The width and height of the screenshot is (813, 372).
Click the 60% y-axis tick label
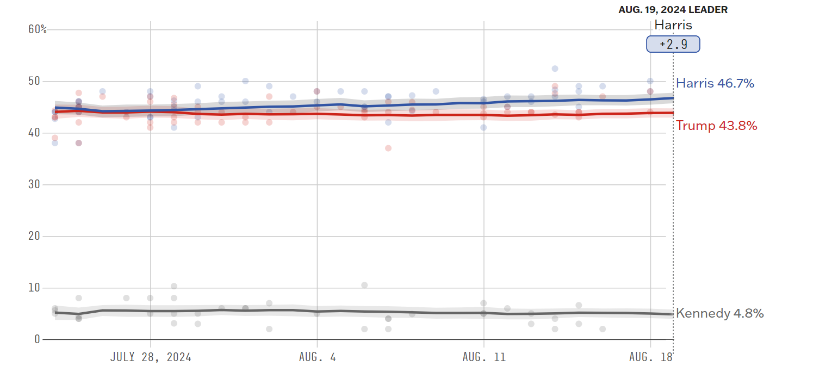pos(37,29)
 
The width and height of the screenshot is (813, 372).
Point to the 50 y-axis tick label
pos(34,81)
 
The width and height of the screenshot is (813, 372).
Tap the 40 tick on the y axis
pos(34,133)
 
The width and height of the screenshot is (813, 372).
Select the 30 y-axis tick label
pos(34,184)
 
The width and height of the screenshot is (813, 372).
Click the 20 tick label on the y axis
pos(34,236)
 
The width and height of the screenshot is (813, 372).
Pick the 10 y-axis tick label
pos(34,288)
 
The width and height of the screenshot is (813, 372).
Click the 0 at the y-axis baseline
pos(37,339)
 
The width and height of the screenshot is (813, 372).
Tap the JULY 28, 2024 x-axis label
pos(151,357)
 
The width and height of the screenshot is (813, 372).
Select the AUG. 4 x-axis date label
pos(317,357)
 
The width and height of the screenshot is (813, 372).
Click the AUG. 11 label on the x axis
pos(484,357)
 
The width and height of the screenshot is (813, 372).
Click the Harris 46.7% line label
pos(715,83)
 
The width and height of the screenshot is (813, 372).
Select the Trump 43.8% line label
pos(717,126)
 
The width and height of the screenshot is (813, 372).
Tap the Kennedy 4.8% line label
pos(720,313)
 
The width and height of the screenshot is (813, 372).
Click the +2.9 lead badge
pos(673,44)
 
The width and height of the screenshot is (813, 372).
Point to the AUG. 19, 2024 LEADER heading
pos(673,10)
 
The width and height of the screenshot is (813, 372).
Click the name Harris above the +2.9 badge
pos(673,25)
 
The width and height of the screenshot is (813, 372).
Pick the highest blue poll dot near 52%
pos(555,69)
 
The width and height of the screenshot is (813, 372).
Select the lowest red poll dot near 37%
pos(388,148)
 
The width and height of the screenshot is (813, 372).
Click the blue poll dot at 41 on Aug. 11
pos(483,127)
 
